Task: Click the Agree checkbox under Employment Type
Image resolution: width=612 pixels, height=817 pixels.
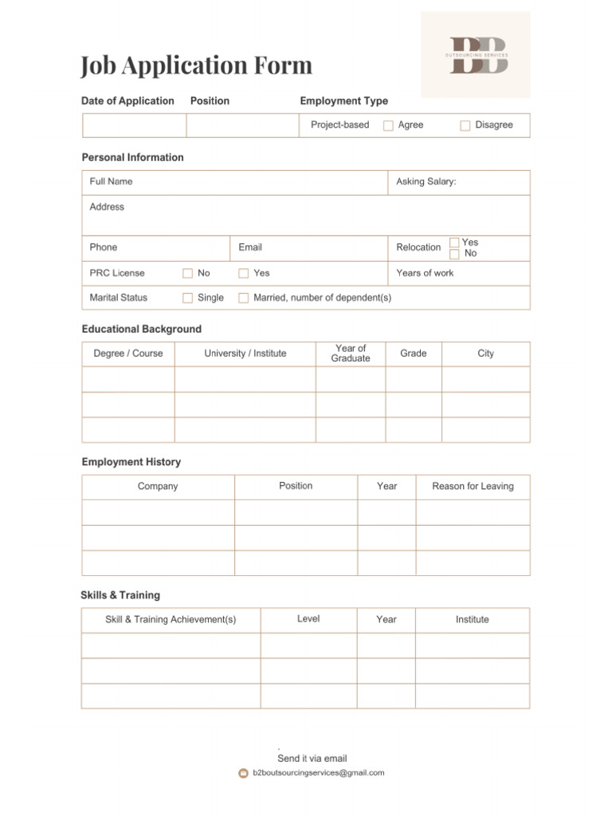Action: [x=388, y=125]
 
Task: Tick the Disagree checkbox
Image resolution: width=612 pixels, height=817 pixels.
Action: [x=465, y=125]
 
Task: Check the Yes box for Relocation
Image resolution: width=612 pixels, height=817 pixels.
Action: [x=454, y=243]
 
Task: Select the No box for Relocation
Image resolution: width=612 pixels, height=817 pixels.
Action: [x=454, y=254]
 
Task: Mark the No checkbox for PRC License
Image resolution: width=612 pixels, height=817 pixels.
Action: [x=188, y=273]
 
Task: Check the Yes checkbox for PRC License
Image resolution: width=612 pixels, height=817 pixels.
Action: [x=244, y=273]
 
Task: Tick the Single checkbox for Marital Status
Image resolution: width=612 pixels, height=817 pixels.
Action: [x=188, y=298]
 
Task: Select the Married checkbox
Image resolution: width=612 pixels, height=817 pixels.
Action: [x=244, y=298]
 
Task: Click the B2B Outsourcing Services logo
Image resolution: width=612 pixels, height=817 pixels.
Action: [x=476, y=55]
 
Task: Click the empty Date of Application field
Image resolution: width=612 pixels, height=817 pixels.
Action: [x=134, y=125]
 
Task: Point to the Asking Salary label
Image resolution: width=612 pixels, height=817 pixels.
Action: [x=426, y=182]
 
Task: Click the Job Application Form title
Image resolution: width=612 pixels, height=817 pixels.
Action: [x=196, y=65]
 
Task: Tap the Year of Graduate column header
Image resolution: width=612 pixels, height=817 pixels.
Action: [x=351, y=353]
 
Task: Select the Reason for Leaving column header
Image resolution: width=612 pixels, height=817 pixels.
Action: [x=473, y=486]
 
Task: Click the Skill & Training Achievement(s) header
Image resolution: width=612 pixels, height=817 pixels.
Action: [x=171, y=619]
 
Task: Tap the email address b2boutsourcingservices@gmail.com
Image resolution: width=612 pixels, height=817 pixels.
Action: [x=318, y=772]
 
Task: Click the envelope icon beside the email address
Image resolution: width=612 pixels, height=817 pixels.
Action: [x=244, y=773]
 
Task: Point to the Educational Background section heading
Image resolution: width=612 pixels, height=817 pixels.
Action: [x=142, y=329]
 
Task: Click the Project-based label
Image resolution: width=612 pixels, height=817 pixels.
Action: [x=339, y=124]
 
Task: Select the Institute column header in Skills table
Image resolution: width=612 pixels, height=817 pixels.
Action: [x=472, y=619]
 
